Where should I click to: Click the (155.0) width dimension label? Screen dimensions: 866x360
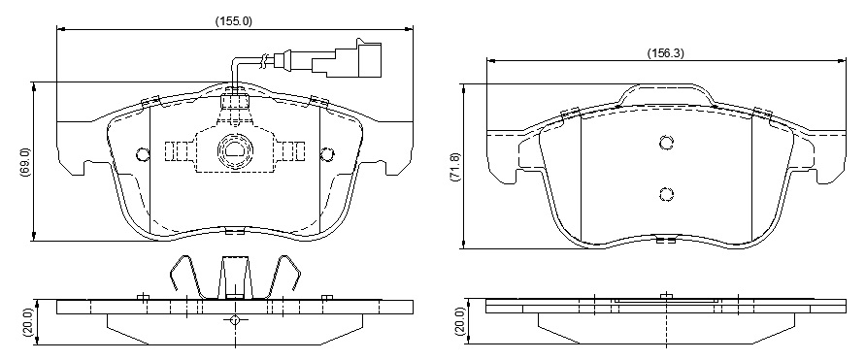click(233, 21)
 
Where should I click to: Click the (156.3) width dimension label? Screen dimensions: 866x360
click(665, 53)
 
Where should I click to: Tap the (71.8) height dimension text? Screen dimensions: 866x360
click(455, 166)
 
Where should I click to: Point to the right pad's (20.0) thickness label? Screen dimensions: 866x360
click(459, 322)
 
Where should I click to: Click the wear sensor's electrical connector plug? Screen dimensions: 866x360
click(347, 58)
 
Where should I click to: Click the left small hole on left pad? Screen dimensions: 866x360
click(143, 153)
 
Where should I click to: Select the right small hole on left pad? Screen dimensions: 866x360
click(327, 153)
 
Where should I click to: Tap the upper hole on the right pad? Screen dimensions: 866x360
click(667, 143)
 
